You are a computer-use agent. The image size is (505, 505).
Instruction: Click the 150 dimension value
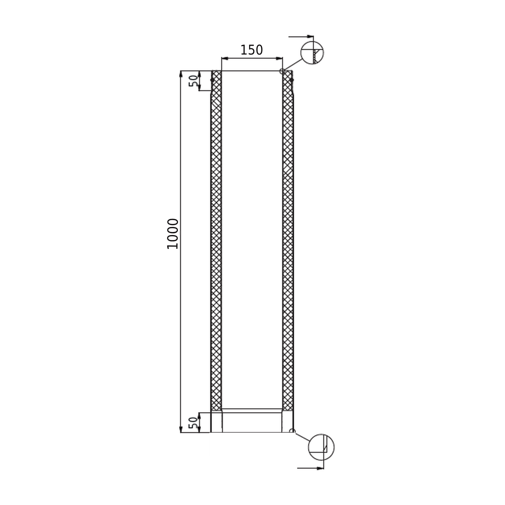click(251, 50)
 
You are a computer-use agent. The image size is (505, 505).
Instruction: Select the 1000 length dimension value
click(173, 234)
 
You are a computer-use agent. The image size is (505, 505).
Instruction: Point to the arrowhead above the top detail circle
click(310, 36)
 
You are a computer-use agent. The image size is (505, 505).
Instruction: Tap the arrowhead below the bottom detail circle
click(320, 468)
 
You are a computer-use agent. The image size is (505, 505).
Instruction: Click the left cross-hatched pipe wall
click(216, 241)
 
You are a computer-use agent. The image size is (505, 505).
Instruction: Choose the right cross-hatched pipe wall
click(288, 241)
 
